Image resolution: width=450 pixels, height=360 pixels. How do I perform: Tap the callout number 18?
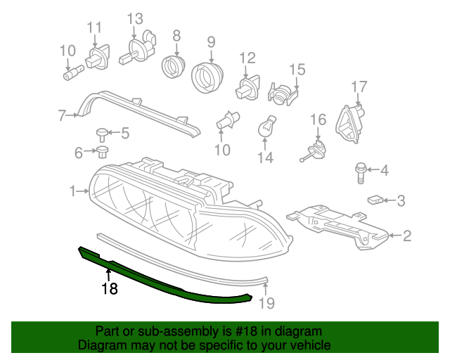(108, 288)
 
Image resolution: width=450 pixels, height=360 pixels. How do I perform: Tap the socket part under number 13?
(136, 48)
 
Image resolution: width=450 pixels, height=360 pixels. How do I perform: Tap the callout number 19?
(266, 303)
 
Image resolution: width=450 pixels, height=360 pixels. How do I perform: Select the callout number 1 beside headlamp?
(72, 191)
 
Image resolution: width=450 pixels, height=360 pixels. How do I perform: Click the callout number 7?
(62, 115)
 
